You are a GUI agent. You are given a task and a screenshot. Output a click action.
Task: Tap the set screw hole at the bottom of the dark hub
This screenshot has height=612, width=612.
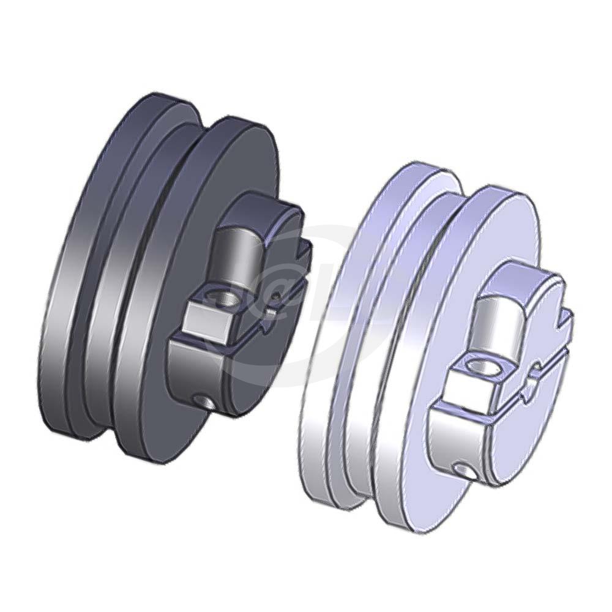tap(204, 401)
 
